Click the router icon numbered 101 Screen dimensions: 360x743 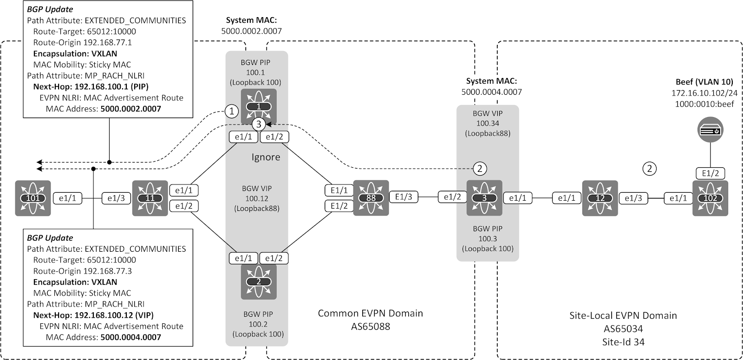coord(32,198)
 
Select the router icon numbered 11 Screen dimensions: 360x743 coord(150,198)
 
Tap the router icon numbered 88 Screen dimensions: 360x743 coord(371,198)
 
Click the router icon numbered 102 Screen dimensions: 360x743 coord(710,198)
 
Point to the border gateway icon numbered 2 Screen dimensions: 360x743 coord(259,281)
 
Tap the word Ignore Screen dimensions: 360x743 coord(266,157)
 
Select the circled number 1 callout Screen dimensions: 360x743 coord(231,111)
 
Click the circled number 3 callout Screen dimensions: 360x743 coord(259,124)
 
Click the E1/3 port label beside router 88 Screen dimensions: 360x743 coord(404,197)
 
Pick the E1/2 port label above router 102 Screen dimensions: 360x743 coord(710,173)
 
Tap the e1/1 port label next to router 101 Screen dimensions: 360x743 coord(68,198)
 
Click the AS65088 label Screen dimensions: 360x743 coord(370,326)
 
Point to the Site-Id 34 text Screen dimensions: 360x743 coord(623,342)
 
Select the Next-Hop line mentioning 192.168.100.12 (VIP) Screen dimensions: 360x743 coord(93,315)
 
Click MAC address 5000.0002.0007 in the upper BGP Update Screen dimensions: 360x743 coord(130,109)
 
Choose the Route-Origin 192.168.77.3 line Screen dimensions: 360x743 coord(82,271)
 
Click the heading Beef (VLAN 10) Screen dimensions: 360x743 coord(702,82)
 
